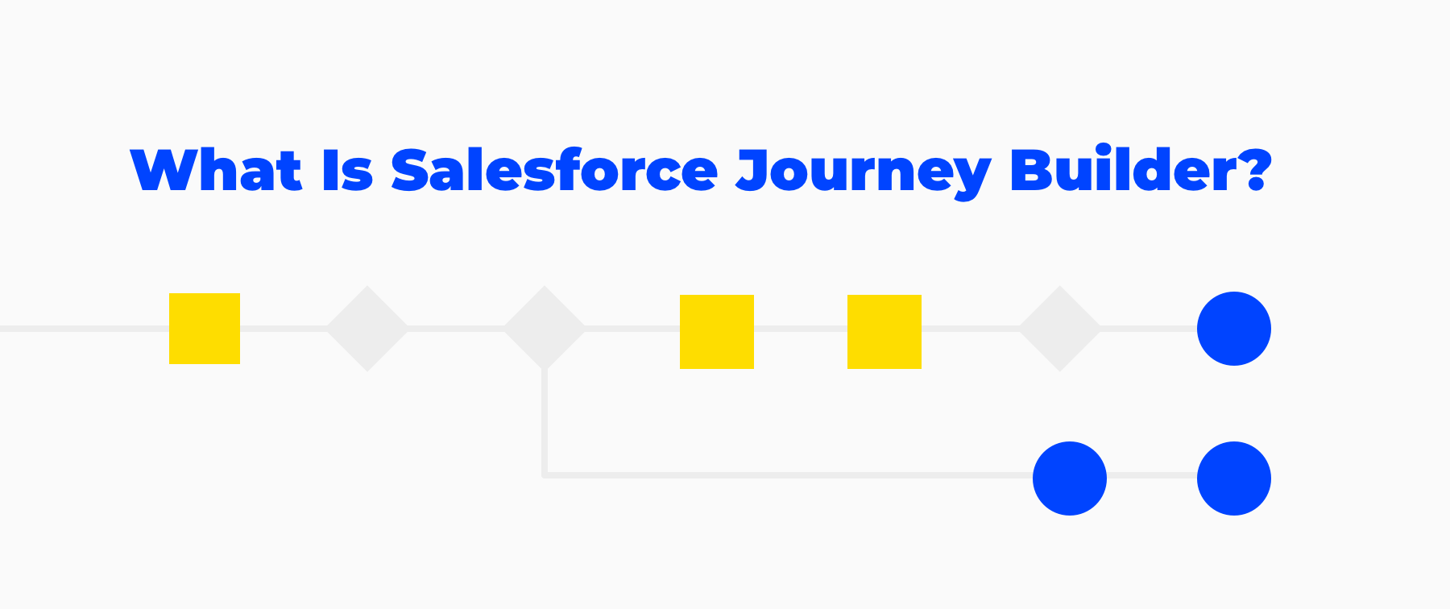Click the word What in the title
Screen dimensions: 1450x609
point(216,170)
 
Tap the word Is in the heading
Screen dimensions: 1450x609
point(347,170)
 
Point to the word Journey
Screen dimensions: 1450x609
point(864,173)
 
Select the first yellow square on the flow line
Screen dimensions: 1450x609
point(205,329)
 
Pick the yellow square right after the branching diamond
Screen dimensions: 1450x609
point(717,332)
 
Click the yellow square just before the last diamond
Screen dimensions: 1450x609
point(884,332)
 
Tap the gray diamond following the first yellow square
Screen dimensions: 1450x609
point(367,329)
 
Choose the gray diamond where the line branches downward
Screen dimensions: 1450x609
point(545,329)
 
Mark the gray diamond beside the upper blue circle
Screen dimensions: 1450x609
point(1060,329)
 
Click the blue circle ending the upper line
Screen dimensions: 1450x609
point(1234,329)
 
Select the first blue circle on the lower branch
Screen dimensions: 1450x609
point(1070,478)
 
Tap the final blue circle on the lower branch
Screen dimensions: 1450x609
point(1234,478)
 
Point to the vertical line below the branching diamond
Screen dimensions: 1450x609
point(545,422)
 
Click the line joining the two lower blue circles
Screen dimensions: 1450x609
point(1152,475)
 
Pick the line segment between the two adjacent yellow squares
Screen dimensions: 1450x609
point(801,329)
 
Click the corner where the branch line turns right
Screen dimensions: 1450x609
point(545,475)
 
